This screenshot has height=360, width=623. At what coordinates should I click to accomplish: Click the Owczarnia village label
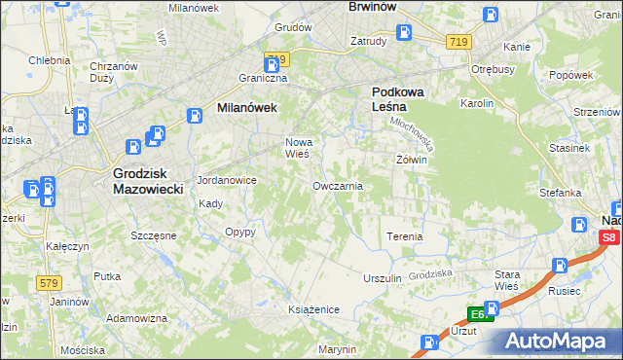(x=339, y=186)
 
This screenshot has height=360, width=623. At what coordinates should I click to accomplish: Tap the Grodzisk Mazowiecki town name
(x=141, y=181)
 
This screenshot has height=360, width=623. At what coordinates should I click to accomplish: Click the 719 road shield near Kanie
(x=459, y=42)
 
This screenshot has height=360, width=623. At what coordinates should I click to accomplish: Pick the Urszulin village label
(x=383, y=278)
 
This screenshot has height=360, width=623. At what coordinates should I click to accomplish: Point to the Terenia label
(x=405, y=236)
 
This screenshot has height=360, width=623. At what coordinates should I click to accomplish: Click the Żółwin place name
(x=412, y=159)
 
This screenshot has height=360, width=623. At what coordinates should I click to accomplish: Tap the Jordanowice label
(x=226, y=180)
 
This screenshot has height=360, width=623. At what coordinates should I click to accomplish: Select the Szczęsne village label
(x=153, y=235)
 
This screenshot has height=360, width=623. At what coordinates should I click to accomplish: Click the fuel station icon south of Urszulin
(x=429, y=342)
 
